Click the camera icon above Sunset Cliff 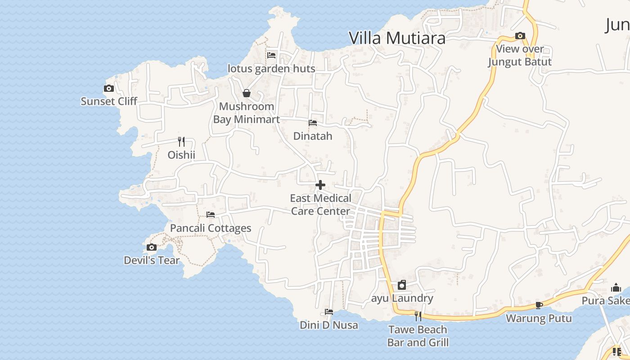tap(108, 89)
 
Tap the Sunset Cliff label tap(109, 101)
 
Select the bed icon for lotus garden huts tap(271, 55)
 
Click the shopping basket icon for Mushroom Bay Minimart tap(247, 93)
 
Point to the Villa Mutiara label tap(397, 38)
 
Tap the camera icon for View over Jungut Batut tap(520, 36)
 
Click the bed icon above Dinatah tap(312, 122)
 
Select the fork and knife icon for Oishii tap(181, 142)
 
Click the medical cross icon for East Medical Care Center tap(320, 184)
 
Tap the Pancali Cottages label tap(211, 228)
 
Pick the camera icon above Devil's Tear tap(152, 247)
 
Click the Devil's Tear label tap(152, 260)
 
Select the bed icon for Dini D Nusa tap(329, 311)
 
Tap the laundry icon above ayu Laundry tap(402, 285)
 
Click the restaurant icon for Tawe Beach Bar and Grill tap(418, 316)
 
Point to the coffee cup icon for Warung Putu tap(539, 305)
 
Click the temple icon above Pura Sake tap(616, 288)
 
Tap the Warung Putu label tap(539, 318)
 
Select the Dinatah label tap(313, 136)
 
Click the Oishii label tap(181, 155)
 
